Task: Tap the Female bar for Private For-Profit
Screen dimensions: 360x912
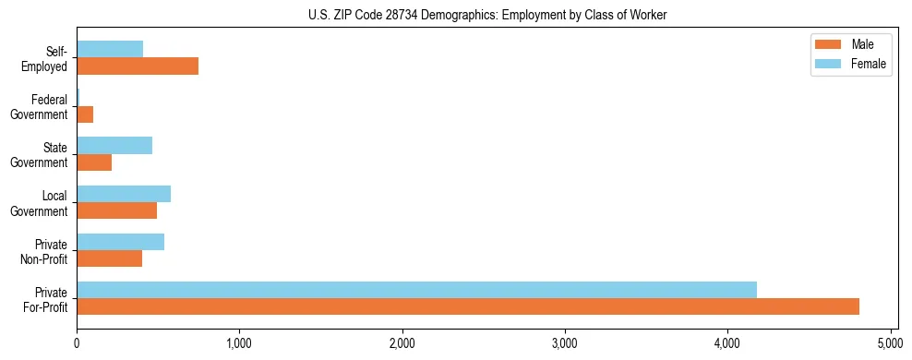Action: (416, 290)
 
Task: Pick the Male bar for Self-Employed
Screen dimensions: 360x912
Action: (138, 66)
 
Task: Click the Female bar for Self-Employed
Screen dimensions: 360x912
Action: (110, 49)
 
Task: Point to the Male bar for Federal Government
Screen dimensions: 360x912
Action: (85, 114)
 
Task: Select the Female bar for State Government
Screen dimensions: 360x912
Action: (114, 146)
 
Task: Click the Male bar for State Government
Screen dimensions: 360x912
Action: (94, 162)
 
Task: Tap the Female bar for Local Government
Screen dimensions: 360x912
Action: (124, 194)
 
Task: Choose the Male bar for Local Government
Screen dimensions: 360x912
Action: (116, 210)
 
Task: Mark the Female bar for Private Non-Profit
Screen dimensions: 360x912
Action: (120, 242)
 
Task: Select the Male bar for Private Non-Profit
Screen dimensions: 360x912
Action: (109, 258)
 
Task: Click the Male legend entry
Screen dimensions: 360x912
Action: (850, 44)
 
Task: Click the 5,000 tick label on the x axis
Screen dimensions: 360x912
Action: (890, 343)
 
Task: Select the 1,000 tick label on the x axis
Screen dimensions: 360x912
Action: (239, 343)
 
